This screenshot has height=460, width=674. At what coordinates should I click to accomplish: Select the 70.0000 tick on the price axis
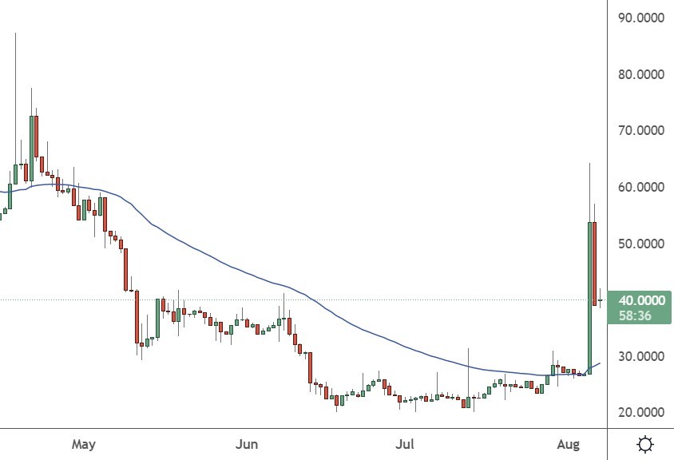(641, 130)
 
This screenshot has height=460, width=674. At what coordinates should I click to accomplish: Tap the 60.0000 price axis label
(641, 187)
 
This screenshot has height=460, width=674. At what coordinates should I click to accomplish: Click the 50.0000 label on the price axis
(641, 244)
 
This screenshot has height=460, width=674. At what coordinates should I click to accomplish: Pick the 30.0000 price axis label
(641, 356)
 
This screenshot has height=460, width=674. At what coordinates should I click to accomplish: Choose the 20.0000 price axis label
(641, 412)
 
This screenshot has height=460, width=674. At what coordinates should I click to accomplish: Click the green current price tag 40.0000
(642, 300)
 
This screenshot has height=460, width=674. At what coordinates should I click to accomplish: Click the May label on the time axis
(83, 443)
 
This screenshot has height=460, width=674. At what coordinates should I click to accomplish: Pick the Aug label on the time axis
(567, 443)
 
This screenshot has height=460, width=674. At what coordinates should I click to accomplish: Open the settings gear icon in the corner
(646, 444)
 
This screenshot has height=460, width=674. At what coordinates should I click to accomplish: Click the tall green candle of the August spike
(589, 295)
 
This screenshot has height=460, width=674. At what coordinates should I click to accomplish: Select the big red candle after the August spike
(595, 264)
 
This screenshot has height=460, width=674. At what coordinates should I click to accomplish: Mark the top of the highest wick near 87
(15, 34)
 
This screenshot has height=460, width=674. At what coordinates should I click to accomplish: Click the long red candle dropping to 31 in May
(137, 317)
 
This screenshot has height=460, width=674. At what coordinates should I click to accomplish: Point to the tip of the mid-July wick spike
(468, 349)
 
